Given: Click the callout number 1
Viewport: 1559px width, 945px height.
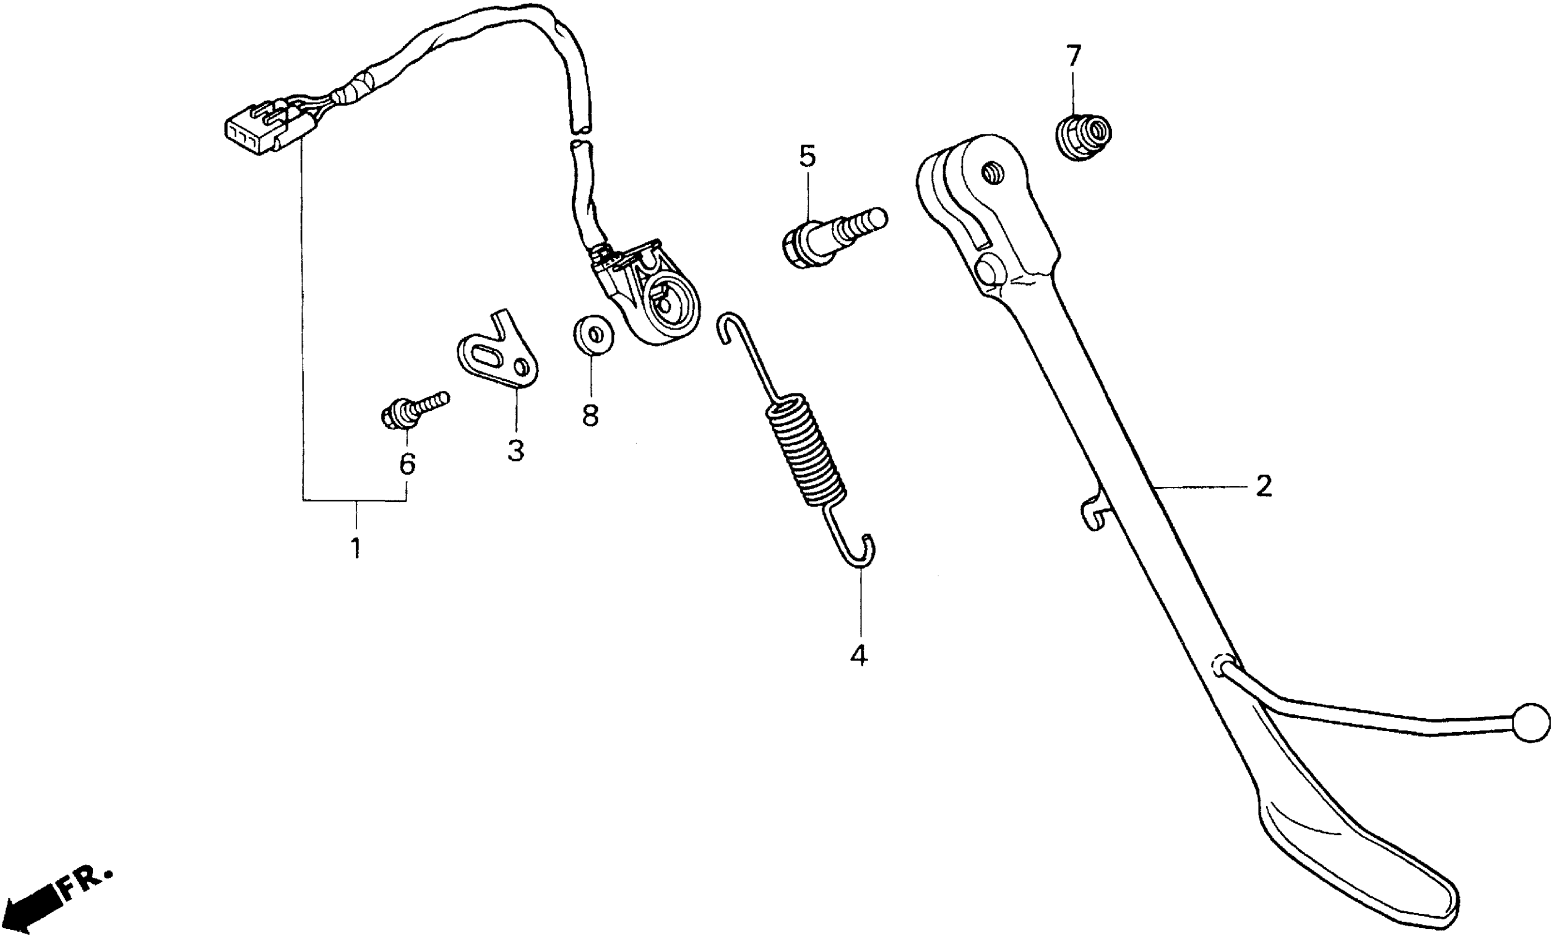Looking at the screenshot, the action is pos(356,547).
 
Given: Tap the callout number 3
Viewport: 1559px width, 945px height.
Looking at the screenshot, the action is pos(516,451).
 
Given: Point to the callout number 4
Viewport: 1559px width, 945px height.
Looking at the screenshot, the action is pos(859,655).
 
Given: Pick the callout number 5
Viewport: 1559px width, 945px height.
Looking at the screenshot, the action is pos(808,156).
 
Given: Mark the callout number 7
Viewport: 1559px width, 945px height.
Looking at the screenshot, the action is pos(1073,56).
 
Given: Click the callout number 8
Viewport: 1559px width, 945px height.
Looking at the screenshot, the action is pos(590,416).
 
